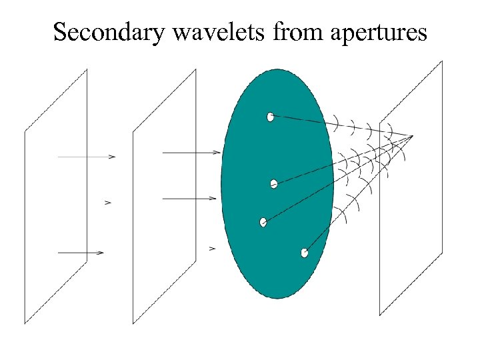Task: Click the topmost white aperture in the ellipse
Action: (x=270, y=117)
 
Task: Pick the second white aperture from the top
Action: (x=273, y=184)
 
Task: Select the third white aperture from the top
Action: (x=263, y=222)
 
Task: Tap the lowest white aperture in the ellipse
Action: (x=304, y=253)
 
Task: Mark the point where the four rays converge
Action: (x=413, y=137)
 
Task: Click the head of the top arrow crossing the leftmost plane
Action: (x=113, y=157)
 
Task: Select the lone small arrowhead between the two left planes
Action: (x=108, y=202)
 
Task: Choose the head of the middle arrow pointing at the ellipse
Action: (x=214, y=198)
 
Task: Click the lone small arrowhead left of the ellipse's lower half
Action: (x=213, y=249)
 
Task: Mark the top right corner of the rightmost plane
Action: (x=442, y=61)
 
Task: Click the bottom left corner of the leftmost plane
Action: (x=25, y=323)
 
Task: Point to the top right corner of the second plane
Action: (x=195, y=69)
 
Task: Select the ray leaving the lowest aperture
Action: (x=353, y=200)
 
